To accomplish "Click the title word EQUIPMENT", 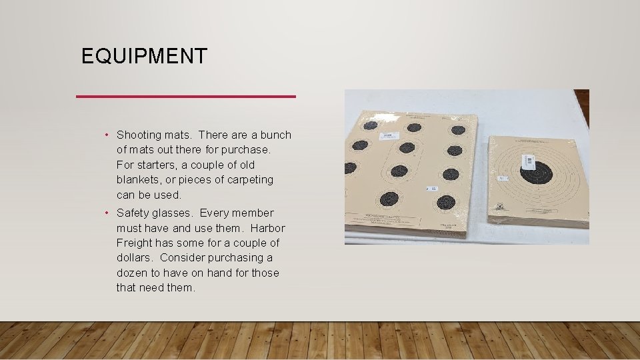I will coord(144,56).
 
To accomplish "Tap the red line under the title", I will coord(186,97).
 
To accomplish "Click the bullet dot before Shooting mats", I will coord(107,135).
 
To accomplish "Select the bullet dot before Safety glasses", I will coord(107,213).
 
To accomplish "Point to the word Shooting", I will coord(138,135).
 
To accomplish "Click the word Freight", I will coord(135,243).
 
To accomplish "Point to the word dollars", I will coord(136,258).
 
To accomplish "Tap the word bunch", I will coord(276,135).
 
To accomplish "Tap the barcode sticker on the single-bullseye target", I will coord(528,161).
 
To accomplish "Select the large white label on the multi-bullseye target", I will coord(387,136).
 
